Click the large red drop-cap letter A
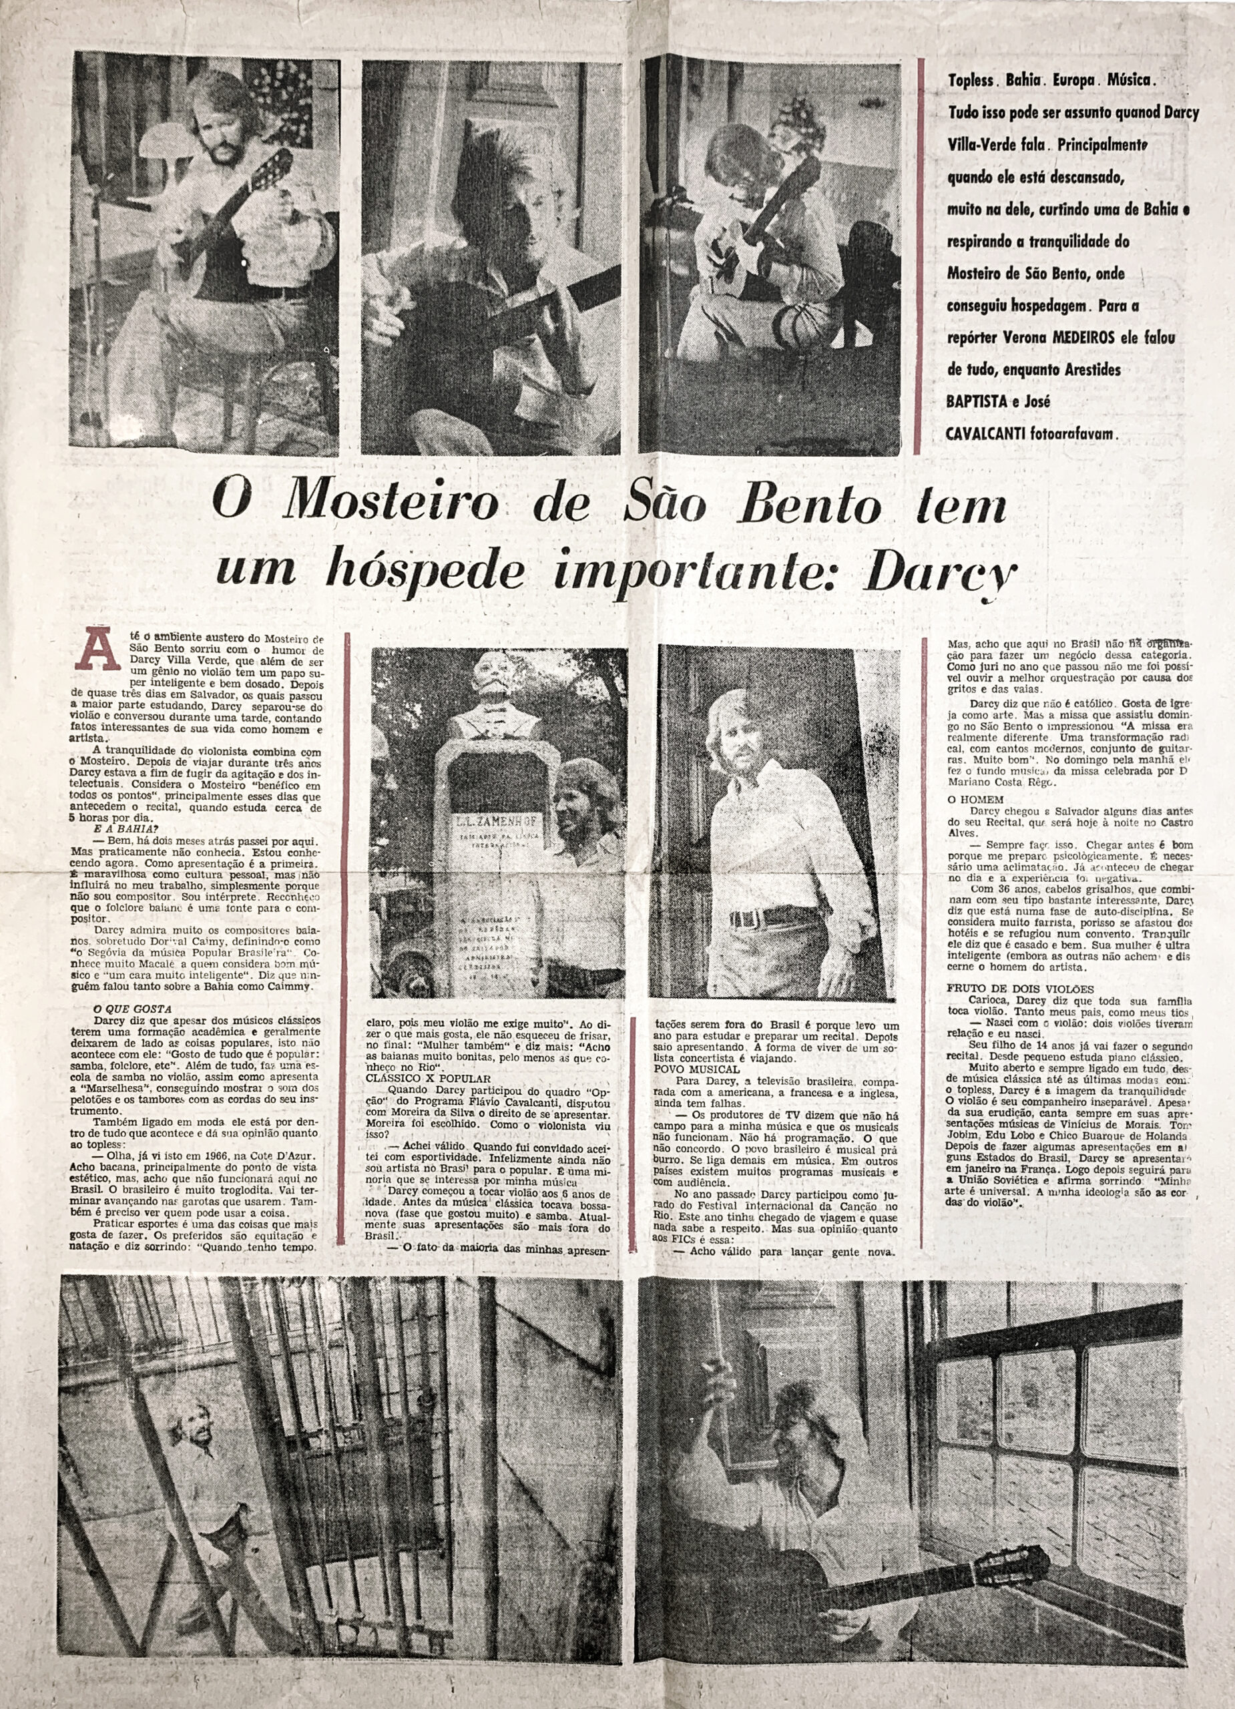pos(101,650)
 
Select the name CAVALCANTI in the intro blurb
pos(993,435)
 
